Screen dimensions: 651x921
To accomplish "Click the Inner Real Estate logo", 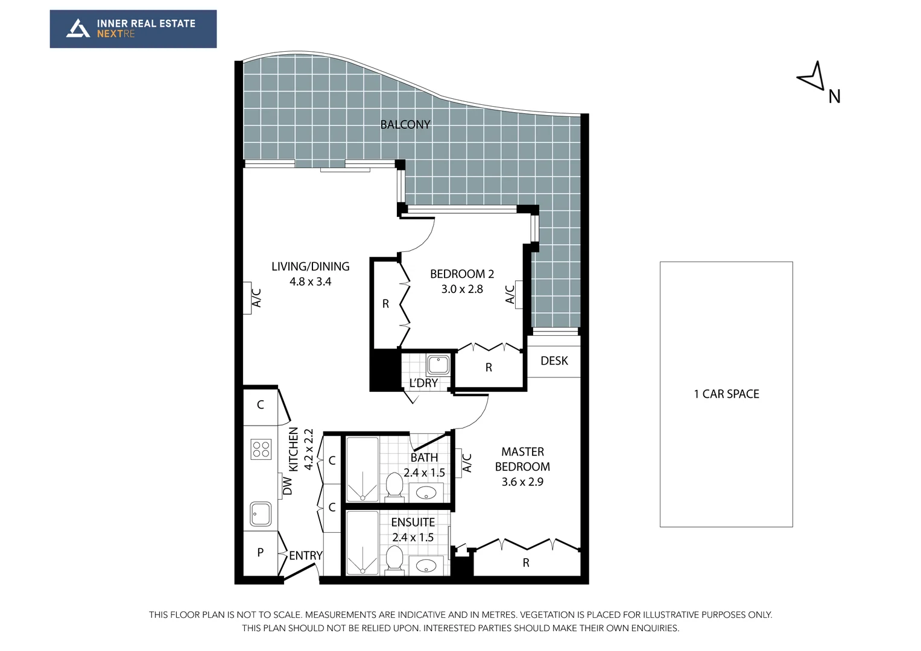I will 133,29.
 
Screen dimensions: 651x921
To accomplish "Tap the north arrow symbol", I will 812,77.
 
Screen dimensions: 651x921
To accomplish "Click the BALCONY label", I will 405,125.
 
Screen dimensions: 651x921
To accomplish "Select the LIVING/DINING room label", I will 310,266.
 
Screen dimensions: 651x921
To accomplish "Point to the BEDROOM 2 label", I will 461,274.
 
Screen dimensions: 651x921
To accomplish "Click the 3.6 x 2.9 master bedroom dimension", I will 522,482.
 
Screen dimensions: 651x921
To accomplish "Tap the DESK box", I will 554,360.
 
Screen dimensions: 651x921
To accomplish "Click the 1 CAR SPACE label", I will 726,394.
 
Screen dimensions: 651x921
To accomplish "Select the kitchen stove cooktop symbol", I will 261,449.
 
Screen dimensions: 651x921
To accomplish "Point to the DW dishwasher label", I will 288,486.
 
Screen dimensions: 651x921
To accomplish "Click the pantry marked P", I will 261,552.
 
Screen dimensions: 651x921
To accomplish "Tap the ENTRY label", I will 305,556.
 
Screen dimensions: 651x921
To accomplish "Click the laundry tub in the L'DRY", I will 438,365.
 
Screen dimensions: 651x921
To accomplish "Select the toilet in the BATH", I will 394,485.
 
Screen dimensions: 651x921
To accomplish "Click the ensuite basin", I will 426,566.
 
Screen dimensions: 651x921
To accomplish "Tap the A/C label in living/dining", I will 256,298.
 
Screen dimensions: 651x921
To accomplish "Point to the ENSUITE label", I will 413,523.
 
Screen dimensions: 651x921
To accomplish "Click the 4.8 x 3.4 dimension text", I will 310,281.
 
